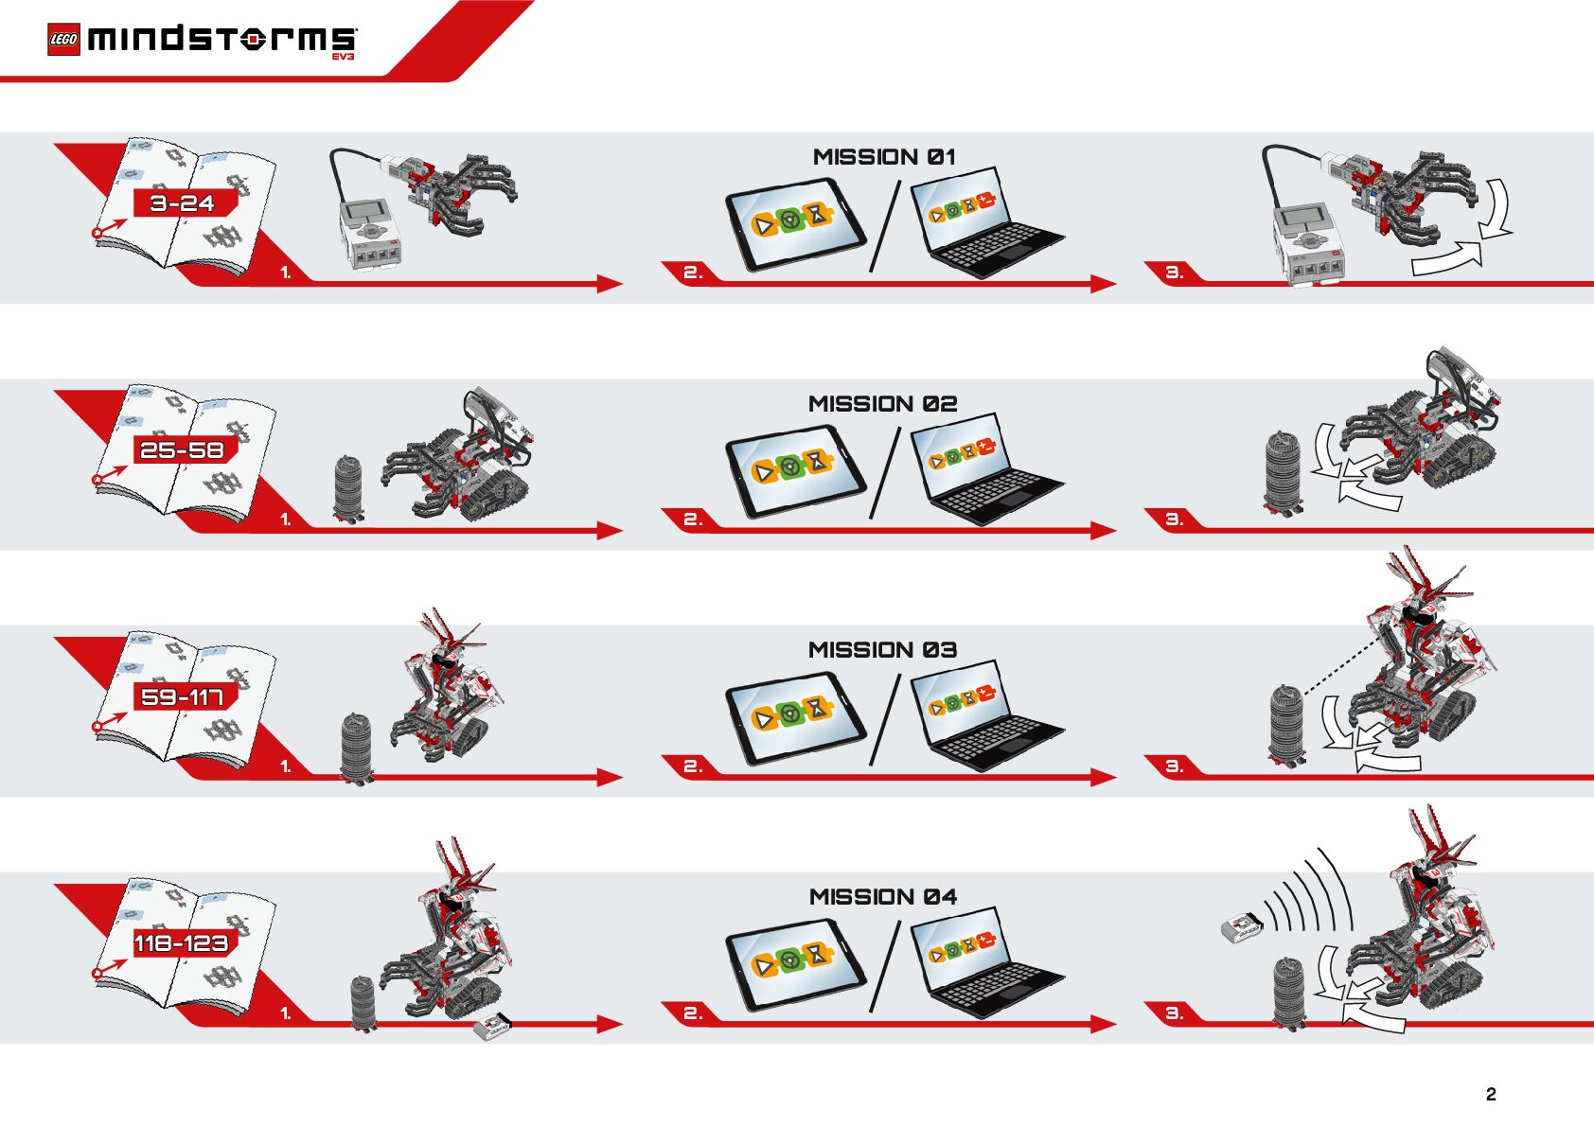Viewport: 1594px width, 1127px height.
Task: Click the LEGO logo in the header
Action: coord(63,40)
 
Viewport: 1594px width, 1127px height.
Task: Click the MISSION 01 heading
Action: coord(884,157)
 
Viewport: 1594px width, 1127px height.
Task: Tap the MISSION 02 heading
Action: coord(882,404)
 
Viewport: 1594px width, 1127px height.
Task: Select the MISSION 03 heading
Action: coord(882,650)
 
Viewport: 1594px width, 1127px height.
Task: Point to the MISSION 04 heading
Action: coord(882,897)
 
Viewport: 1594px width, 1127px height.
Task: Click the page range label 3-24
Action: coord(183,203)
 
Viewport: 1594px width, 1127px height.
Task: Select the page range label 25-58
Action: coord(183,450)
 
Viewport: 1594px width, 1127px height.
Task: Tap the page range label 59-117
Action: coord(183,697)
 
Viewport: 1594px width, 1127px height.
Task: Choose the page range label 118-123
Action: coord(182,944)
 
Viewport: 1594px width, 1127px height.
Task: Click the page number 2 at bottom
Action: coord(1491,1095)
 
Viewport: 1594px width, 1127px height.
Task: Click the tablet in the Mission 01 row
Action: coord(796,226)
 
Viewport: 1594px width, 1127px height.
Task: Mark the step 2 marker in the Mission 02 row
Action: coord(693,519)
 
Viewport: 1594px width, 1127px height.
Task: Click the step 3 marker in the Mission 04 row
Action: coord(1174,1013)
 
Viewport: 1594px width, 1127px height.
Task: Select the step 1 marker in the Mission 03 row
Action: coord(286,766)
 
